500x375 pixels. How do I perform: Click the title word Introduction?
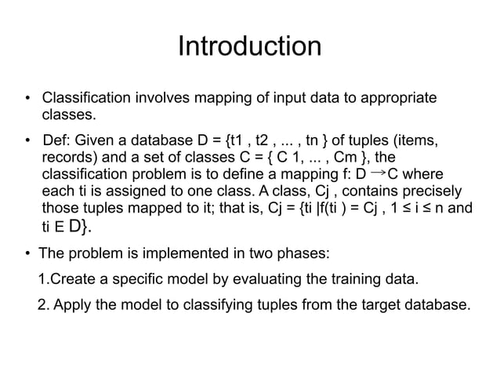(x=249, y=46)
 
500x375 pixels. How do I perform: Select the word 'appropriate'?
(x=393, y=100)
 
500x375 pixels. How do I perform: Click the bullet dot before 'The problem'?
(x=27, y=255)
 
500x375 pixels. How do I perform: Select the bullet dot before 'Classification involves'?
(x=27, y=100)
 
